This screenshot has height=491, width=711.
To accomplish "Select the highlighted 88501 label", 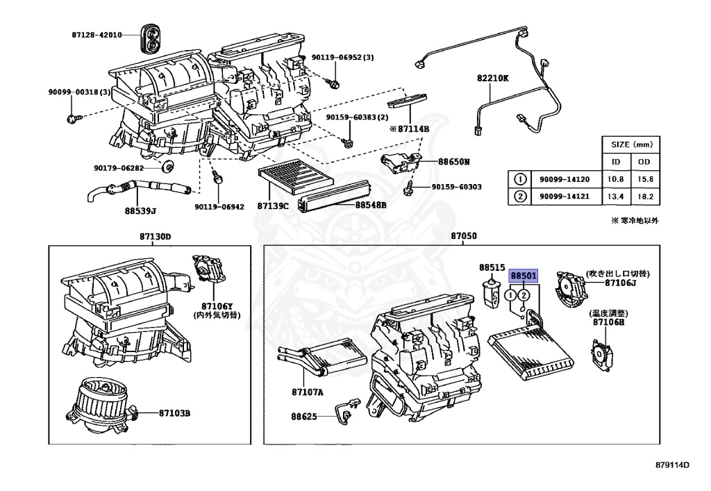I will [524, 276].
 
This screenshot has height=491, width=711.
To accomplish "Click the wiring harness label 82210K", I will [492, 78].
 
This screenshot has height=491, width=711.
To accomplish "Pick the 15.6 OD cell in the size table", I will [646, 178].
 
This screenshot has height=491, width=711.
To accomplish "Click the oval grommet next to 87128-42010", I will [150, 36].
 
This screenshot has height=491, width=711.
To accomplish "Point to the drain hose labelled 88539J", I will [139, 189].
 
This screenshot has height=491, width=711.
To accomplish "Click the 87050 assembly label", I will [464, 237].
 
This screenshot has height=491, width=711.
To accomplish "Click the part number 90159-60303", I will [456, 187].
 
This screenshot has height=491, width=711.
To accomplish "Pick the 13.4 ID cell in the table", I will [615, 197].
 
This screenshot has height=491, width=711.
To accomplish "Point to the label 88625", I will [303, 417].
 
